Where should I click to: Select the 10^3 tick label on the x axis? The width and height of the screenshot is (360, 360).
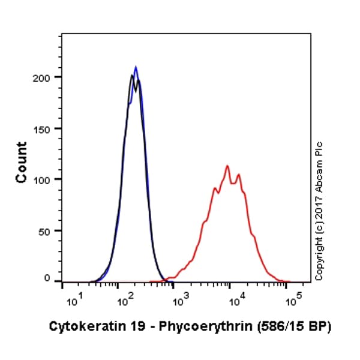pos(182,298)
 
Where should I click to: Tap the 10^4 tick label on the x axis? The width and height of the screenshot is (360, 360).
pos(238,298)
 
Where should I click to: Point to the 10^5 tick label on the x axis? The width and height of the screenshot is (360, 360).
pos(293,298)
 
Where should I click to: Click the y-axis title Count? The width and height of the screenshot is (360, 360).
pos(22,162)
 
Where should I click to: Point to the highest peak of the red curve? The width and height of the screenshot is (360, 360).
pos(227,166)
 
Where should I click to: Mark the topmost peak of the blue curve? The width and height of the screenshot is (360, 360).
pos(136,67)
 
